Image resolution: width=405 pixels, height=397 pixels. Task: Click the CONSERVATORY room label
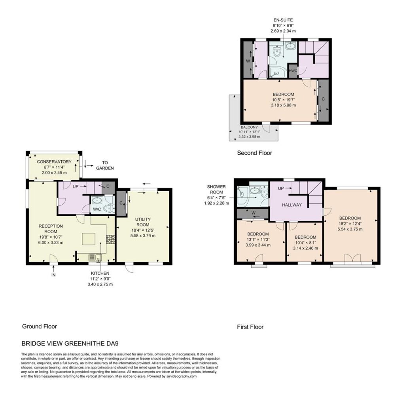pyautogui.click(x=54, y=162)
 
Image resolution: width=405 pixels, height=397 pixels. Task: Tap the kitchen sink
pyautogui.click(x=95, y=257)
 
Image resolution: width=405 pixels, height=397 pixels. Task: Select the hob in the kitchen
pyautogui.click(x=110, y=239)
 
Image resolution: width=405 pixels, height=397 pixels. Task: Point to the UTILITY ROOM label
pyautogui.click(x=143, y=222)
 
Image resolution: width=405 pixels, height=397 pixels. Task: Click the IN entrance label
pyautogui.click(x=53, y=275)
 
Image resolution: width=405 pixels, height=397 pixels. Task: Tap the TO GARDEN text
pyautogui.click(x=105, y=165)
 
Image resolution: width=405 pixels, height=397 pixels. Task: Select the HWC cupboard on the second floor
pyautogui.click(x=293, y=70)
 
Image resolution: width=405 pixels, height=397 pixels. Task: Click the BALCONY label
pyautogui.click(x=249, y=127)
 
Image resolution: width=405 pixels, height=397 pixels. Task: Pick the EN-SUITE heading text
pyautogui.click(x=283, y=20)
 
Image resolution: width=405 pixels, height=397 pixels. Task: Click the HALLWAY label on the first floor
pyautogui.click(x=292, y=205)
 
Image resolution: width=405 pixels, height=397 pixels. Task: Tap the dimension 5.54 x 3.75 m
pyautogui.click(x=350, y=229)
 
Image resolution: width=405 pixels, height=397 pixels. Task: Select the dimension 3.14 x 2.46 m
pyautogui.click(x=306, y=248)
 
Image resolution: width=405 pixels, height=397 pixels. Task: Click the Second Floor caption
pyautogui.click(x=254, y=153)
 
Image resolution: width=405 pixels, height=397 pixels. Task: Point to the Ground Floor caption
pyautogui.click(x=40, y=326)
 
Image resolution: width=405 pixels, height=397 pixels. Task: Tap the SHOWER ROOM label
pyautogui.click(x=216, y=190)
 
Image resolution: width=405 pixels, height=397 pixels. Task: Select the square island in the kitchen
pyautogui.click(x=89, y=239)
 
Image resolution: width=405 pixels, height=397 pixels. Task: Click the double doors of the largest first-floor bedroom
pyautogui.click(x=352, y=258)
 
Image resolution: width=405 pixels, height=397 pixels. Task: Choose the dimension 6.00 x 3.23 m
pyautogui.click(x=51, y=243)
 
